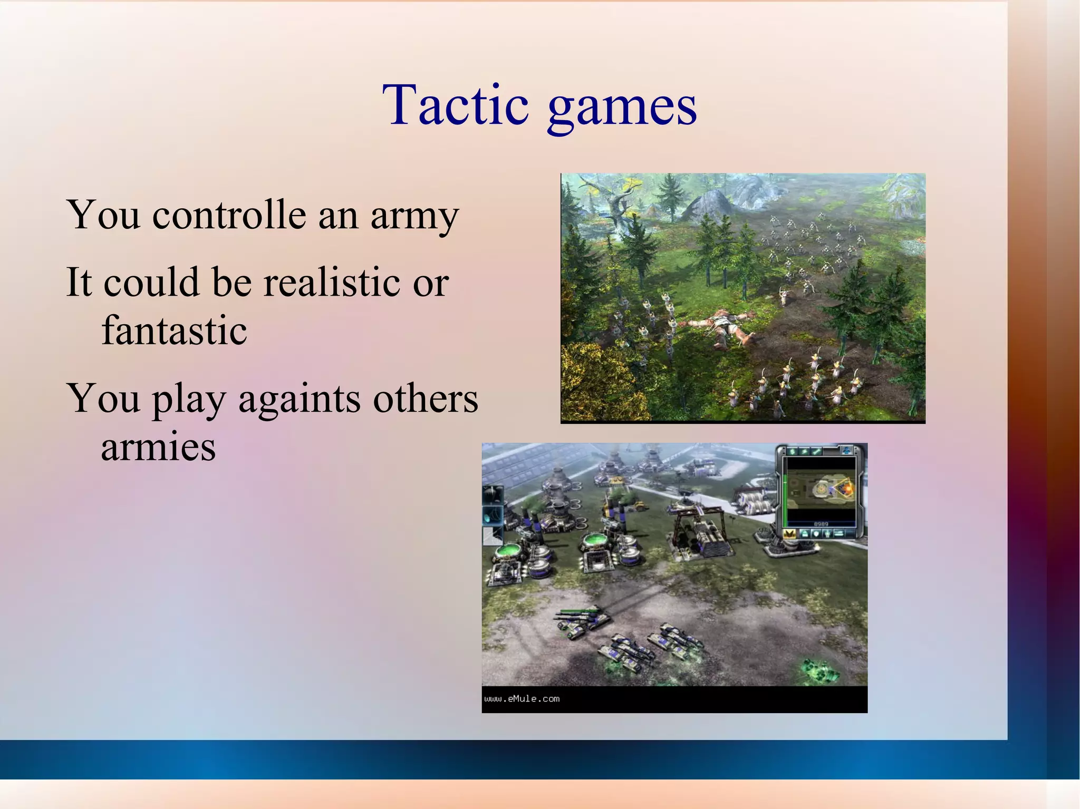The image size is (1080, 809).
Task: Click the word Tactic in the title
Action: click(x=455, y=105)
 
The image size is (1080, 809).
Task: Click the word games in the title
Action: click(x=622, y=108)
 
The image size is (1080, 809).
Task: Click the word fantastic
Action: click(x=174, y=331)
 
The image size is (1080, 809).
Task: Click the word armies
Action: click(x=158, y=447)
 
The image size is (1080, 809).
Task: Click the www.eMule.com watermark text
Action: click(x=522, y=699)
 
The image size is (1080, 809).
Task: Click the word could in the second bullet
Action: click(x=151, y=282)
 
